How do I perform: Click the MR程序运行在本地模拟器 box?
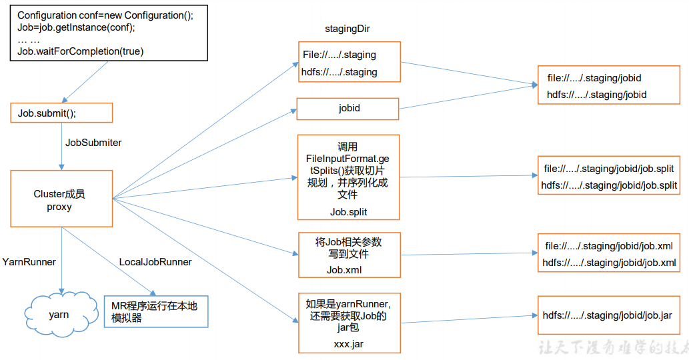155,311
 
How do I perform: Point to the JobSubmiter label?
93,143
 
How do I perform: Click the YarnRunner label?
29,262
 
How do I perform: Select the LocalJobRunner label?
155,262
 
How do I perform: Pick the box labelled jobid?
348,108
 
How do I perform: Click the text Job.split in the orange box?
348,212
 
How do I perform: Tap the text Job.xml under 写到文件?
348,270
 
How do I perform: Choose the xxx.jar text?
348,344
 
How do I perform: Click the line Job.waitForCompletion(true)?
81,51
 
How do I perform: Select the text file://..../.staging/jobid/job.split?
608,169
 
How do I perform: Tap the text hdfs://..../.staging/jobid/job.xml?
609,263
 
